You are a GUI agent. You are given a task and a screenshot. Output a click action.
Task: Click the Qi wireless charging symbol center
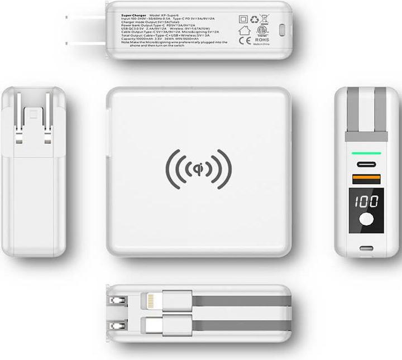coord(198,169)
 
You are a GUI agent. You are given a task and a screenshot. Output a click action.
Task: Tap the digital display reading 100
coord(365,201)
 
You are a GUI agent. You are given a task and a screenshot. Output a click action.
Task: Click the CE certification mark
coord(244,41)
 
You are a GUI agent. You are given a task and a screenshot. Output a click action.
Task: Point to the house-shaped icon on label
coord(244,30)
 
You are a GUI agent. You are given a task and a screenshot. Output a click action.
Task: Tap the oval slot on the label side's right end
coord(283,30)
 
